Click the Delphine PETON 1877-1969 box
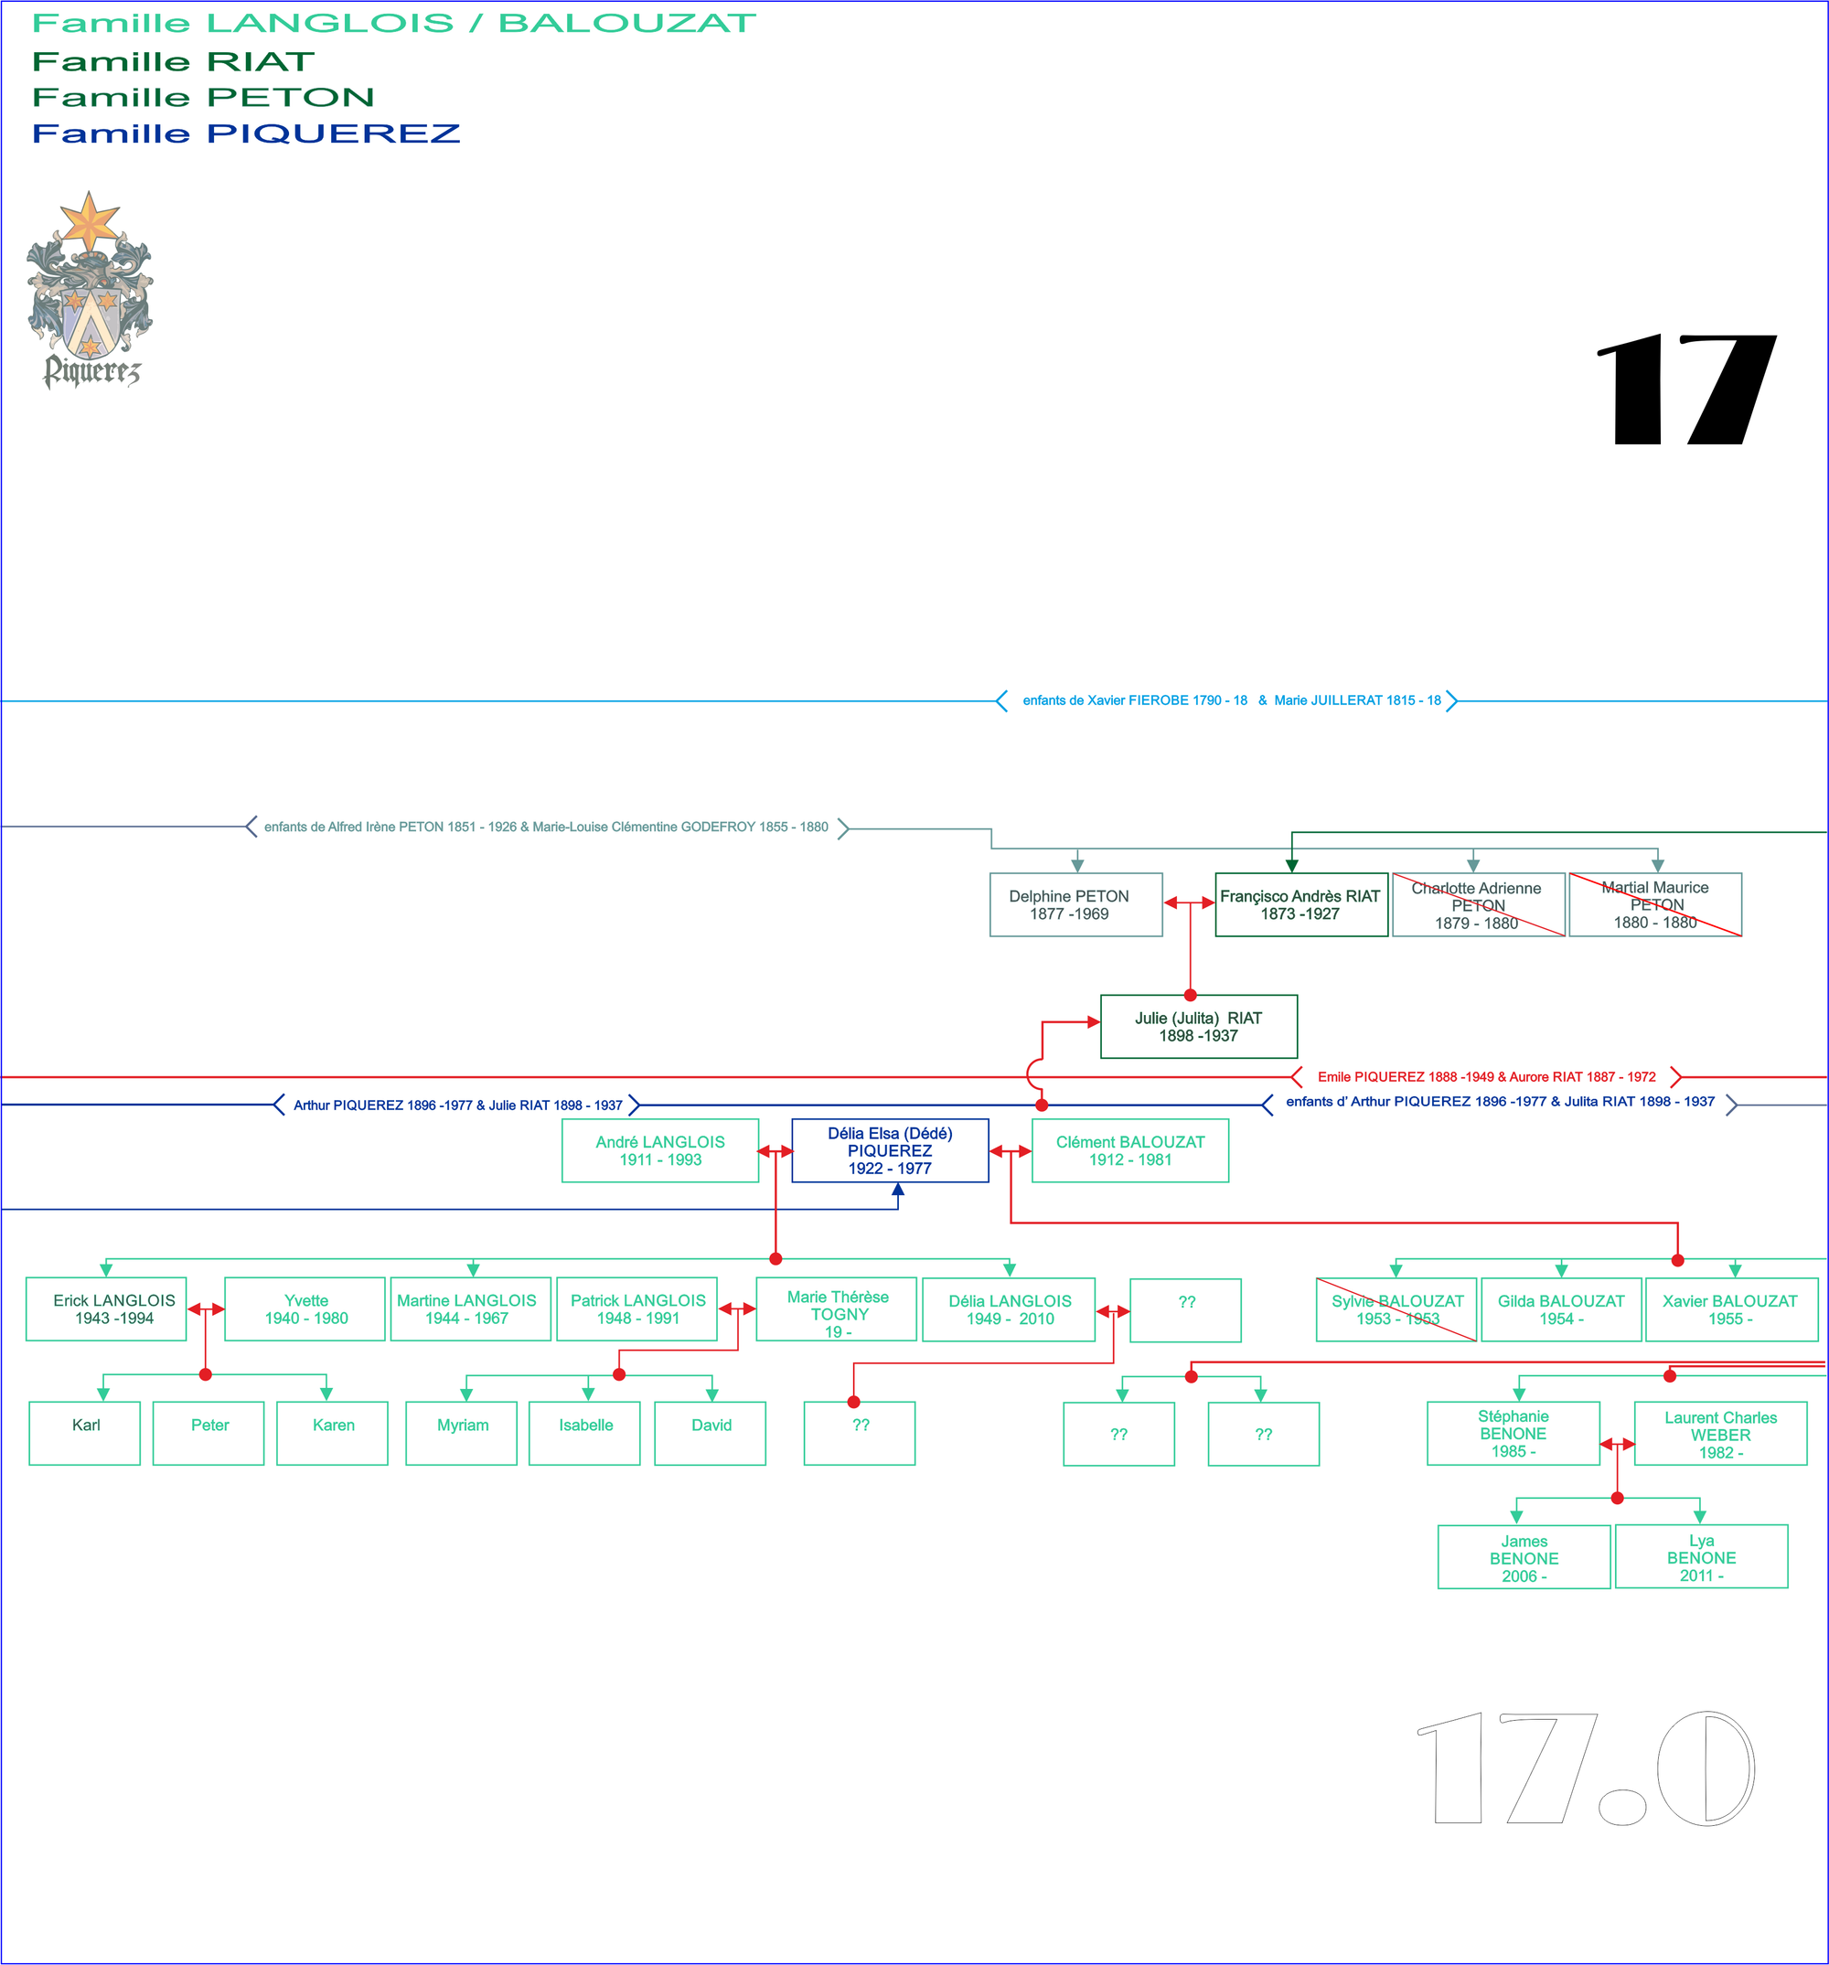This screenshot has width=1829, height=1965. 1075,904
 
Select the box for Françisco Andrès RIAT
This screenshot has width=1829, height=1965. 1300,904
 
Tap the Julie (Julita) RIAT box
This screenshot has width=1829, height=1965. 1198,1026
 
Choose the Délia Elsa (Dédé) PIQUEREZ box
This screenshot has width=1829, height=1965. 890,1150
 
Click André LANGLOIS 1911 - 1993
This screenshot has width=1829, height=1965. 659,1150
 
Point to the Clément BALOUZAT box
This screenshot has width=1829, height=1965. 1130,1150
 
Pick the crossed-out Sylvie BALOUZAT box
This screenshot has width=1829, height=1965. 1396,1309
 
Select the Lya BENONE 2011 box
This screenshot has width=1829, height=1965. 1700,1557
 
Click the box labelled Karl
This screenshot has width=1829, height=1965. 85,1432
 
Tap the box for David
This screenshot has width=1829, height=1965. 710,1432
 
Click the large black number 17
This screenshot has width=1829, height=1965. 1685,390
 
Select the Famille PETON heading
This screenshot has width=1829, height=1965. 204,97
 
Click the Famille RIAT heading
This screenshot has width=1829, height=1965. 173,61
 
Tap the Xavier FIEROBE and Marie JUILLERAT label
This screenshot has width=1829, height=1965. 1231,700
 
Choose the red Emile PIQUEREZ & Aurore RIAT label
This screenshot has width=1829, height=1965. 1486,1076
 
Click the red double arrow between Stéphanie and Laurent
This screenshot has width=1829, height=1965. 1618,1444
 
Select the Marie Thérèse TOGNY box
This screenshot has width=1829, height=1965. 837,1309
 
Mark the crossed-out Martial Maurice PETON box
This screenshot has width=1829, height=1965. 1655,904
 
